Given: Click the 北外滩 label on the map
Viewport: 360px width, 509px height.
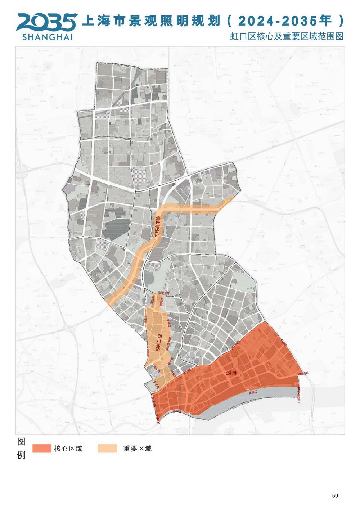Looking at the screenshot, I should coord(229,373).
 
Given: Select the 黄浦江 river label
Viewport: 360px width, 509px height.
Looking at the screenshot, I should coord(254,393).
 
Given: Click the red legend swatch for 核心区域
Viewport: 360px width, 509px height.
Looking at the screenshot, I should coord(41,448).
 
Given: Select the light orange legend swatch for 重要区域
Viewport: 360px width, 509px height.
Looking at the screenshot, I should coord(107,448).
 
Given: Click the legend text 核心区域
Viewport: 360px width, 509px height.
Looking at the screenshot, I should coord(68,449).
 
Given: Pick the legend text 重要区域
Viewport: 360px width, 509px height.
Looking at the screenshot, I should coord(137,449).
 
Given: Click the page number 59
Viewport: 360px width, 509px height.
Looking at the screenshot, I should coord(335,496).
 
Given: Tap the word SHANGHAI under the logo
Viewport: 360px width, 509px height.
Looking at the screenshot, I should coord(47,37).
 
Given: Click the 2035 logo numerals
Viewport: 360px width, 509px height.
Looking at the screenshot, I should coord(46,22).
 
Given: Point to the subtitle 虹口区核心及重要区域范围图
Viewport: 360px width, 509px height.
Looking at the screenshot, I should coord(287,36).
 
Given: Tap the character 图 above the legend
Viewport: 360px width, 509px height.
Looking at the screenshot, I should coord(21,442).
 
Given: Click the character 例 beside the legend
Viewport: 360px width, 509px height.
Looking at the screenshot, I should coord(21,455).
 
